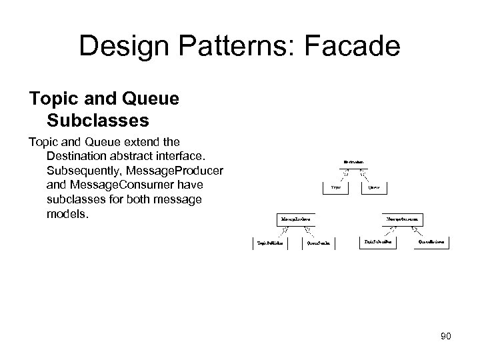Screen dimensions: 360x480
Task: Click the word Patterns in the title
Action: point(217,47)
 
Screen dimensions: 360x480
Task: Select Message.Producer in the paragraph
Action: point(178,170)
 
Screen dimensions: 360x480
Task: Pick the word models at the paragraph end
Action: point(68,214)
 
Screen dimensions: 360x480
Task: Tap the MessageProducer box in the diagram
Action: point(295,218)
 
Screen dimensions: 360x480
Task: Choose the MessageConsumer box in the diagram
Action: point(405,218)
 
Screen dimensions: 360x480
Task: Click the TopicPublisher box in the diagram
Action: point(271,243)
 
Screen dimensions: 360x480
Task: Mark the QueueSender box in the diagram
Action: point(319,243)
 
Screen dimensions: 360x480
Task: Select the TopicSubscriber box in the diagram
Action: point(378,243)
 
